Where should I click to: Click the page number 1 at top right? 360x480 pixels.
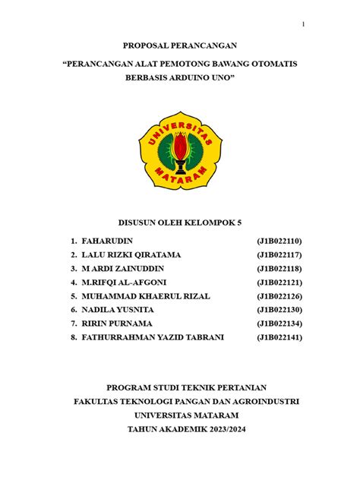(303, 24)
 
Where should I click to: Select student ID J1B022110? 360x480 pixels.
(280, 241)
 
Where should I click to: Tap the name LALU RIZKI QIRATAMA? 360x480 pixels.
(131, 254)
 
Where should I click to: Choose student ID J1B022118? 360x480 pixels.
(280, 268)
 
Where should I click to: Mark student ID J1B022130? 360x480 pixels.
(280, 310)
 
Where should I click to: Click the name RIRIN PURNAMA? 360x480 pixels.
(115, 324)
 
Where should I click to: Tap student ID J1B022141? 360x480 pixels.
(280, 337)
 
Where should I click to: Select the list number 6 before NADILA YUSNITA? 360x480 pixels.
(74, 310)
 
